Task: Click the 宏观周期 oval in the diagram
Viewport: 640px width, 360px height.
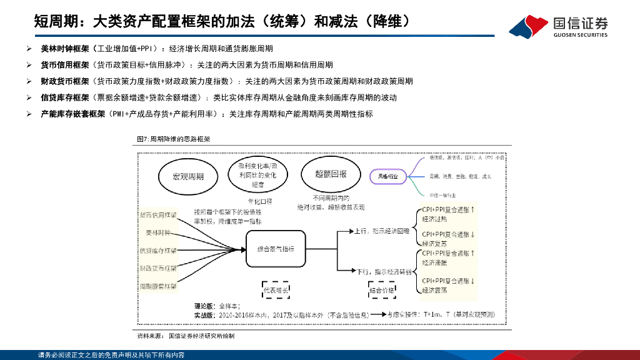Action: pos(188,177)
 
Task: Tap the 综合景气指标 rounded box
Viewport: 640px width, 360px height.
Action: pos(276,249)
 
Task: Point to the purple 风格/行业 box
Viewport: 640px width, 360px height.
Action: pos(387,177)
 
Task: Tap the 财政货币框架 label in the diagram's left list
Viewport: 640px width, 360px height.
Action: pos(157,268)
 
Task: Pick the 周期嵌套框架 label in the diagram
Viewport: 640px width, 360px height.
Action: pos(157,286)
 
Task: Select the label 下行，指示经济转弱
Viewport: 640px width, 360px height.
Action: pos(384,271)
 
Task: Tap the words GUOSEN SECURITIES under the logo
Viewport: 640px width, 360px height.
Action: pos(580,36)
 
